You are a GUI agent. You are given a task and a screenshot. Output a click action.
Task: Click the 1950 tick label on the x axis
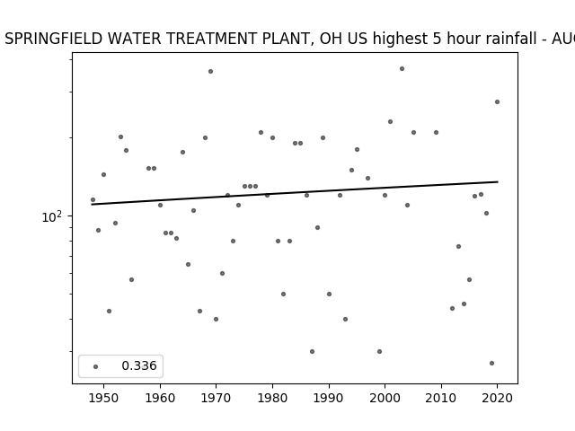pyautogui.click(x=103, y=398)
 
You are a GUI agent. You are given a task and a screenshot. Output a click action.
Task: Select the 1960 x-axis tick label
pyautogui.click(x=160, y=398)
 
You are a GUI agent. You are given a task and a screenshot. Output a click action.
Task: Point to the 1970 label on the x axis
pyautogui.click(x=216, y=398)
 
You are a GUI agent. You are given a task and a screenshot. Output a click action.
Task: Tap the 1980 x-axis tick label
pyautogui.click(x=272, y=398)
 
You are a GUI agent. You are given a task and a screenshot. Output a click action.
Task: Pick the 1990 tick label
pyautogui.click(x=329, y=398)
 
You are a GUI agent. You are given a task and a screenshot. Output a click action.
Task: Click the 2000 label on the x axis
pyautogui.click(x=385, y=398)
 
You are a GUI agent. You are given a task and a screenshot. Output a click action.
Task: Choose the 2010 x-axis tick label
pyautogui.click(x=441, y=398)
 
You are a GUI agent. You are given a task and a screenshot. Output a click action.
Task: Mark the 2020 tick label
pyautogui.click(x=497, y=398)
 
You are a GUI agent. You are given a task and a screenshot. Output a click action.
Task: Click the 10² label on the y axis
pyautogui.click(x=52, y=216)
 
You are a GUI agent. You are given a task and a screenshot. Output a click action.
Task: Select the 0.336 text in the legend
pyautogui.click(x=139, y=365)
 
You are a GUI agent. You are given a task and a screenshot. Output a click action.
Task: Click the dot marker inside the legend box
pyautogui.click(x=95, y=366)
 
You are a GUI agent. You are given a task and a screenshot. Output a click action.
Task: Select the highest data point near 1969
pyautogui.click(x=210, y=72)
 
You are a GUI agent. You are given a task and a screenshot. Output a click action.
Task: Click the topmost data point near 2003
pyautogui.click(x=402, y=68)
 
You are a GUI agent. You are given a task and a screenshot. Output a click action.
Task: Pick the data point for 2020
pyautogui.click(x=497, y=101)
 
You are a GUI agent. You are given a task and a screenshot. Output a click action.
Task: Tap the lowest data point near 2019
pyautogui.click(x=491, y=363)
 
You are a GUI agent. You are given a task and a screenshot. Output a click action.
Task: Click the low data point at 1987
pyautogui.click(x=312, y=351)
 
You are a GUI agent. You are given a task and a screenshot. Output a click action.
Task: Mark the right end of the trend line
pyautogui.click(x=498, y=181)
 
